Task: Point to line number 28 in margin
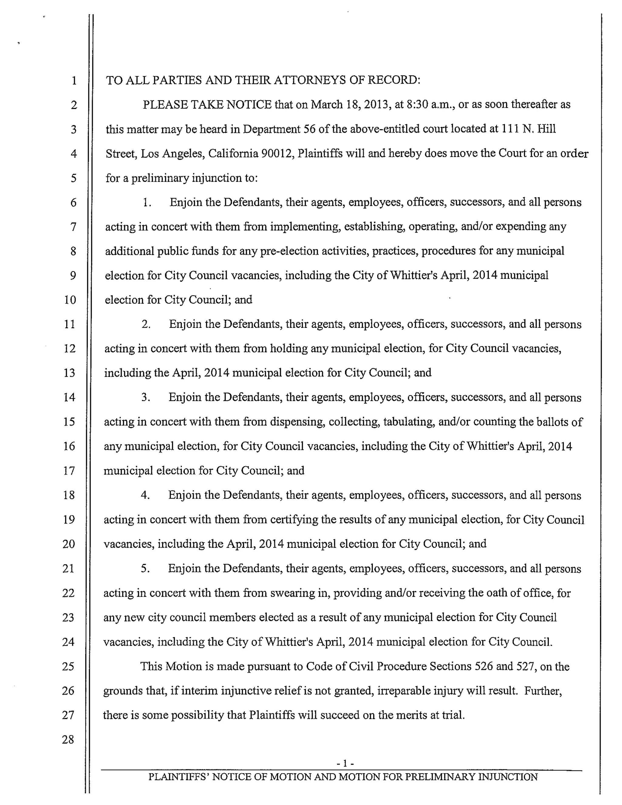coord(68,739)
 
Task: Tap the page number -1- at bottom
coord(345,763)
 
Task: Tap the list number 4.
coord(145,495)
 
